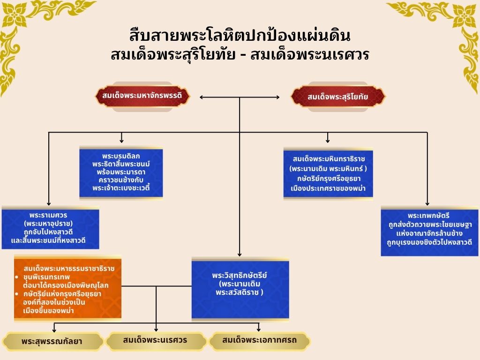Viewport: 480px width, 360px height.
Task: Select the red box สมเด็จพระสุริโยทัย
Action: pyautogui.click(x=338, y=97)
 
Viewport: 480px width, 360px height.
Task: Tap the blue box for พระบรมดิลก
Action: pyautogui.click(x=121, y=172)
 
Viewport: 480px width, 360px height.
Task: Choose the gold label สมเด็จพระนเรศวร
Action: pyautogui.click(x=155, y=340)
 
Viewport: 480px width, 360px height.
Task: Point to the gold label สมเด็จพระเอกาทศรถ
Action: pyautogui.click(x=259, y=340)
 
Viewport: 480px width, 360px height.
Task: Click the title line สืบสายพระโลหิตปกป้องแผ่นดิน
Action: pyautogui.click(x=240, y=36)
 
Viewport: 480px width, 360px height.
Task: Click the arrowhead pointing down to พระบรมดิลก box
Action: pyautogui.click(x=121, y=141)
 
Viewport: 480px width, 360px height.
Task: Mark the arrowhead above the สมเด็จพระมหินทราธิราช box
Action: pyautogui.click(x=328, y=141)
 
